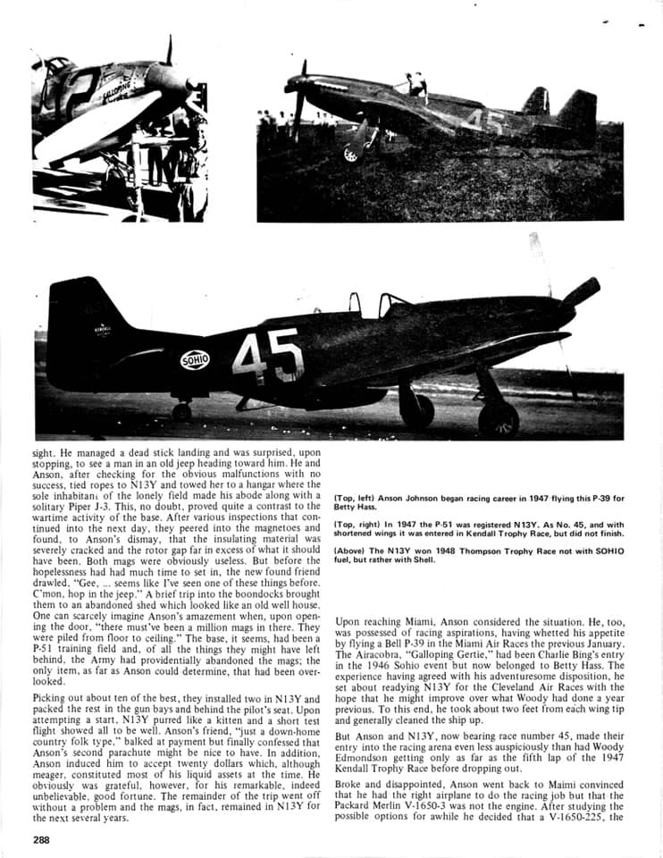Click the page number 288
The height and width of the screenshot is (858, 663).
[x=42, y=839]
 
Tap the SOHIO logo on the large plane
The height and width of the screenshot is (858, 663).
[x=196, y=360]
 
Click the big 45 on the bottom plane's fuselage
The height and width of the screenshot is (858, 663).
[x=267, y=357]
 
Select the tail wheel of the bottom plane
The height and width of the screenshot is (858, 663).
[x=181, y=411]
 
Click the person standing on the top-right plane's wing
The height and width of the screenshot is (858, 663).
[x=415, y=85]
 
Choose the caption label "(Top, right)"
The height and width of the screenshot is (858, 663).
[x=359, y=526]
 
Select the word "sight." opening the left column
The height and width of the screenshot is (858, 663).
[x=46, y=454]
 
